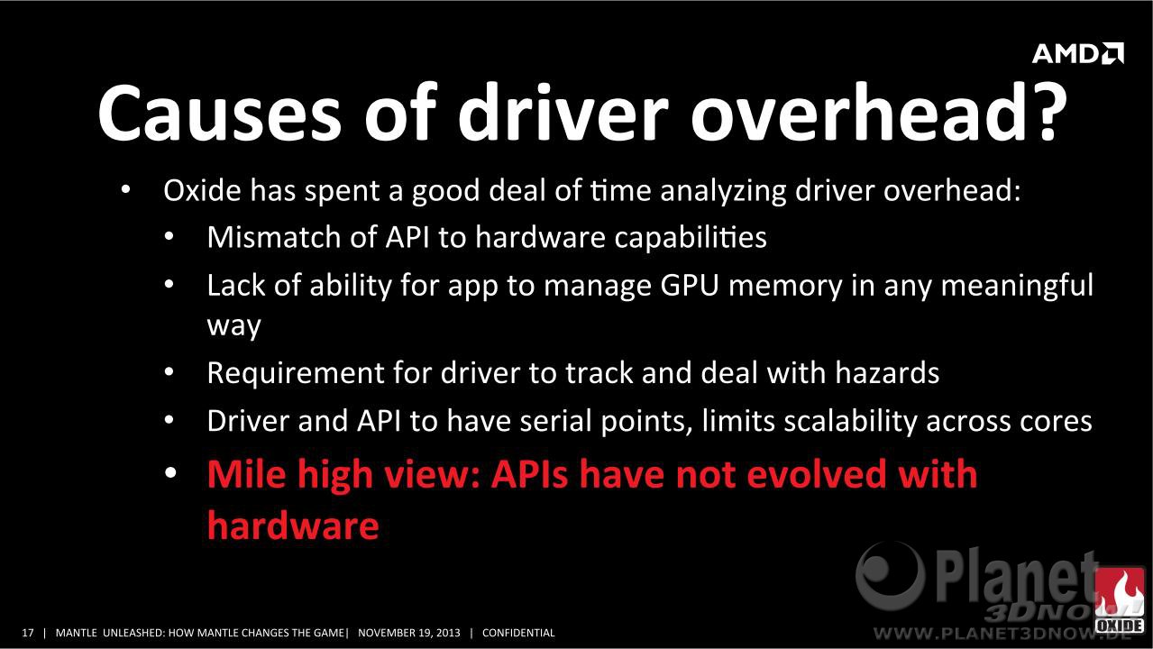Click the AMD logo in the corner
coord(1078,53)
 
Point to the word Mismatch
coord(274,237)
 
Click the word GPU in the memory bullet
coord(690,285)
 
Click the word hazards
coord(887,372)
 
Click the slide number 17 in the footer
coord(28,633)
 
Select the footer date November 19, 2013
coord(409,633)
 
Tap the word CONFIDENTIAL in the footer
coord(518,633)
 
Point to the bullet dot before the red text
coord(171,472)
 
